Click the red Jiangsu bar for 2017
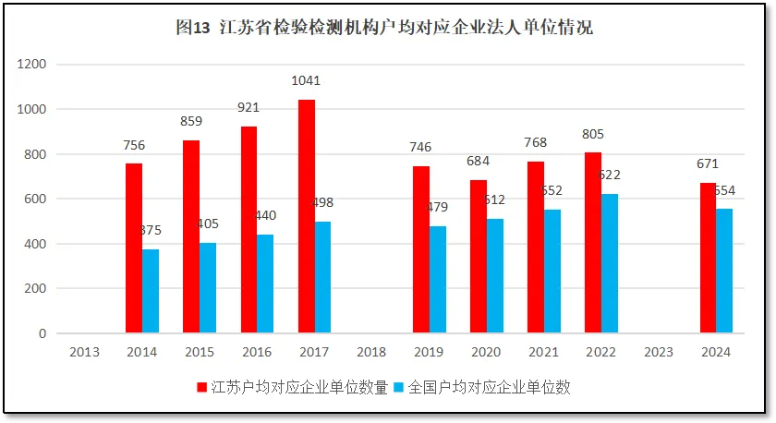pyautogui.click(x=307, y=216)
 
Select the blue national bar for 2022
pyautogui.click(x=610, y=263)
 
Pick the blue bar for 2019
pyautogui.click(x=438, y=279)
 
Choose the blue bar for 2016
pyautogui.click(x=265, y=284)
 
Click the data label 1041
pyautogui.click(x=307, y=81)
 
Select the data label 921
pyautogui.click(x=249, y=107)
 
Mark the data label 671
pyautogui.click(x=708, y=164)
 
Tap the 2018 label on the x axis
pyautogui.click(x=370, y=352)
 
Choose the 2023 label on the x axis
pyautogui.click(x=658, y=352)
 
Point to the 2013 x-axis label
pyautogui.click(x=84, y=352)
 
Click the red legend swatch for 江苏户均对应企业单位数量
pyautogui.click(x=201, y=388)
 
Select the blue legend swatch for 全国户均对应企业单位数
pyautogui.click(x=400, y=388)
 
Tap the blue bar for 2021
pyautogui.click(x=552, y=271)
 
